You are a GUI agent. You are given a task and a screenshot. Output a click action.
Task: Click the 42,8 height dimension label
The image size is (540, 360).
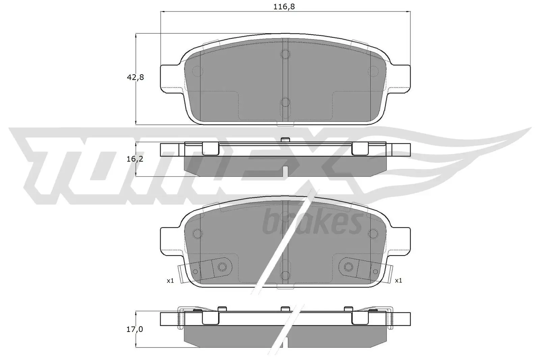135,77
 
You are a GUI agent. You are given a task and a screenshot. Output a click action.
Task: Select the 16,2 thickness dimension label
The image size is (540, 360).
135,159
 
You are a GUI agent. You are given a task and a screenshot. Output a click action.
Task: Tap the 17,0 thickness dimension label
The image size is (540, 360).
135,329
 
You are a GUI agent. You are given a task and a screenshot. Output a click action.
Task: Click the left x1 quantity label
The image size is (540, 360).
170,280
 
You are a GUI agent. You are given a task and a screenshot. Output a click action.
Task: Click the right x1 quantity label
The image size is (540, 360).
398,280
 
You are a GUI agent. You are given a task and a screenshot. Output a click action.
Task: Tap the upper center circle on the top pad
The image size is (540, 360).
285,54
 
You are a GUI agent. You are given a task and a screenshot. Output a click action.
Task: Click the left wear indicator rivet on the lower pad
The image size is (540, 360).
222,267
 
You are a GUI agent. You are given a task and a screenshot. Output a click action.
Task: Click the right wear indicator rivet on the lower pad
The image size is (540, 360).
348,267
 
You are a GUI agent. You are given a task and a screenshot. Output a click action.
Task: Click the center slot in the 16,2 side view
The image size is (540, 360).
285,171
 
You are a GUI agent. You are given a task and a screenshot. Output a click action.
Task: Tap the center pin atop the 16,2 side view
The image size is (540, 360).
285,139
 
